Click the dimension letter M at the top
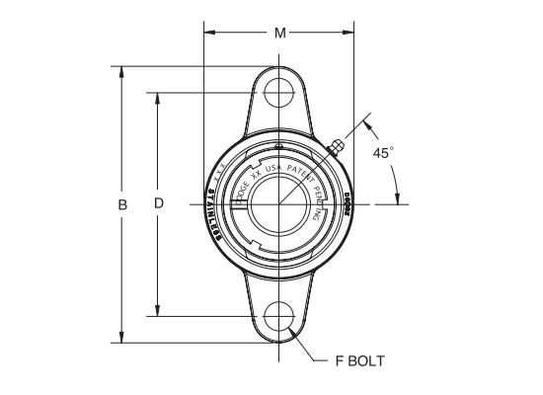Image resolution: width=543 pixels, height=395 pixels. coord(280,34)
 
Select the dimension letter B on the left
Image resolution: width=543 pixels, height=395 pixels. coord(122,204)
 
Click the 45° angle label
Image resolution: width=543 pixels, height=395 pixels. coord(383,153)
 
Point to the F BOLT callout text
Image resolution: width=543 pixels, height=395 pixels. coord(353,360)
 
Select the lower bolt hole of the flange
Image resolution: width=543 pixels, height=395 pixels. coord(280,316)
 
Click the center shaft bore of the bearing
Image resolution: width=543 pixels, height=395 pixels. coord(277,205)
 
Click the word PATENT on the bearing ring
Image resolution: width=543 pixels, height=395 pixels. coord(302,178)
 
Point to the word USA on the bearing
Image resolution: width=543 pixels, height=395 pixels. coord(273,170)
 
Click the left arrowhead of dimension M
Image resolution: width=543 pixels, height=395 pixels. coord(208,34)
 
